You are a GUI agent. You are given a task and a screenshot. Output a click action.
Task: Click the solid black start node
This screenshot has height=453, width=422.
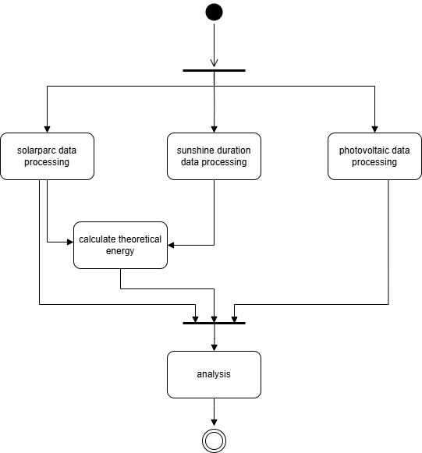[x=214, y=12]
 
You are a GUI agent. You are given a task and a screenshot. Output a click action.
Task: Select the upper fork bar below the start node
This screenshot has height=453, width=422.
[x=214, y=70]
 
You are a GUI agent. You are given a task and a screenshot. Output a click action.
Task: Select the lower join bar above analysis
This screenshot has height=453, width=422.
[x=214, y=323]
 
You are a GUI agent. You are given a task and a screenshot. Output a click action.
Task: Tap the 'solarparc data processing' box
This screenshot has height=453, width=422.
[x=47, y=156]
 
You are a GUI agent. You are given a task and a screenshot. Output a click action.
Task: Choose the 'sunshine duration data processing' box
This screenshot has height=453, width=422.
[x=214, y=156]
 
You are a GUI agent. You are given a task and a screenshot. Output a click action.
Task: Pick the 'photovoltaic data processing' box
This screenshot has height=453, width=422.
[x=374, y=156]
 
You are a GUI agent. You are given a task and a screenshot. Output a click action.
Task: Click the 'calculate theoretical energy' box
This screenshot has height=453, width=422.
[x=120, y=246]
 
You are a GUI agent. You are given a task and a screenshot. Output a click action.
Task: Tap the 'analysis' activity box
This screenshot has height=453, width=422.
[x=214, y=375]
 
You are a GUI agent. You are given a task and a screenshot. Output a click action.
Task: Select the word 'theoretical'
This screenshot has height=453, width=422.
[x=140, y=239]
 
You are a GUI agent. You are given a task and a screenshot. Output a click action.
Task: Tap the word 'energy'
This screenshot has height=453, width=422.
[x=120, y=251]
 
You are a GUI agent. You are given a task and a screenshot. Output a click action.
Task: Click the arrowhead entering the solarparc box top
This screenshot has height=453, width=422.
[x=47, y=129]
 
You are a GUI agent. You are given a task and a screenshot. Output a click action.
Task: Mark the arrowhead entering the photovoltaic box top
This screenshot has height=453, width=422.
[x=374, y=129]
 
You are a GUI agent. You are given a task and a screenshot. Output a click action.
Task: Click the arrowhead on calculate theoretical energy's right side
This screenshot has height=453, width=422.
[x=171, y=246]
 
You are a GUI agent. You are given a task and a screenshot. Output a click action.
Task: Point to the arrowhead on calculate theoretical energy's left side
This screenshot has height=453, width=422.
[x=70, y=242]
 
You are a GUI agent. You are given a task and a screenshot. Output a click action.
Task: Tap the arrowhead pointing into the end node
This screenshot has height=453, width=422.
[x=214, y=423]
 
